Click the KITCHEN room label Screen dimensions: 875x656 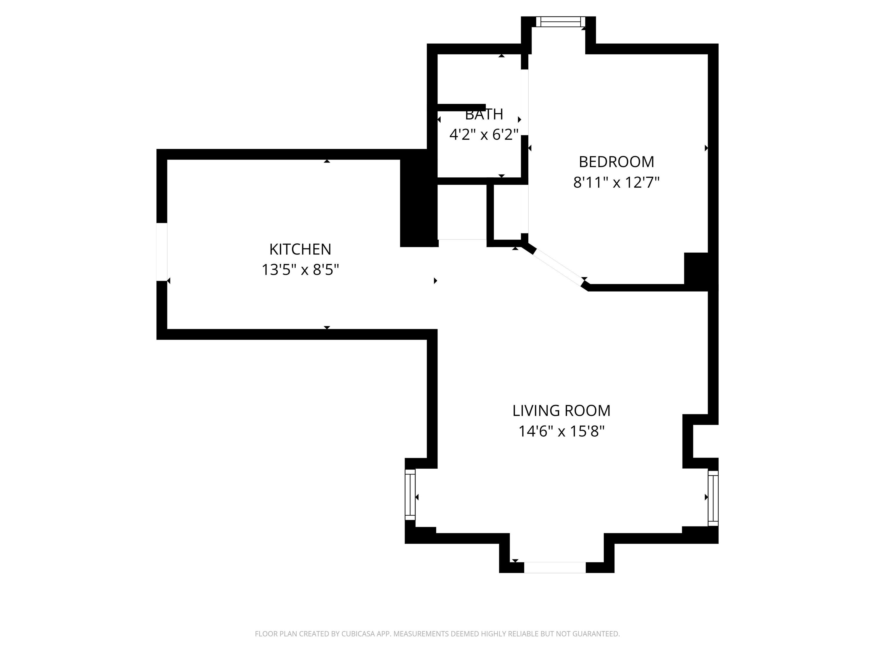click(300, 249)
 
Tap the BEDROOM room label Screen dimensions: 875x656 click(616, 162)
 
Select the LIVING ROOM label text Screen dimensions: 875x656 click(561, 411)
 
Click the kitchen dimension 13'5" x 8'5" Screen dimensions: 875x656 click(300, 270)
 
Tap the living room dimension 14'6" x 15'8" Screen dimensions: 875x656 click(561, 431)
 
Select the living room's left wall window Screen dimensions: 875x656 click(410, 494)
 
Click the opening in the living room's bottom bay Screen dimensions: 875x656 click(555, 567)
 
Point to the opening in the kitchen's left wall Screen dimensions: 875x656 click(162, 252)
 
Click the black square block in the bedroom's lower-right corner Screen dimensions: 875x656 click(696, 268)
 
